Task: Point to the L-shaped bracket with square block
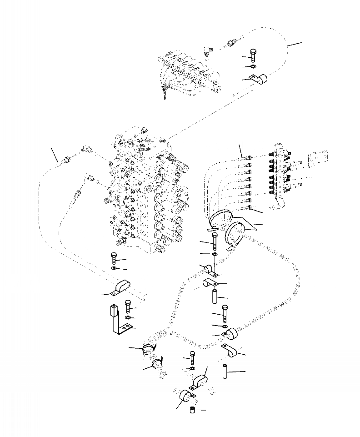[x=118, y=321]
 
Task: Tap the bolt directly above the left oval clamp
[x=113, y=259]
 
